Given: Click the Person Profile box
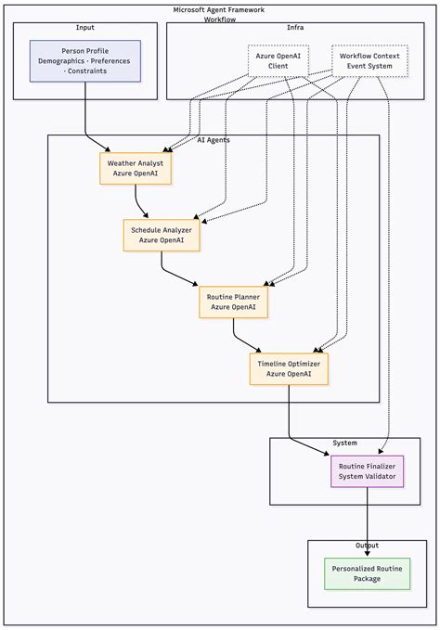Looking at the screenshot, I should [85, 60].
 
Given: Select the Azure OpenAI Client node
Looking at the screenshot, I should [278, 60].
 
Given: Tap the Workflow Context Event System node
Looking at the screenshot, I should [369, 60].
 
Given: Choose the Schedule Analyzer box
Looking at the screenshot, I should [161, 235].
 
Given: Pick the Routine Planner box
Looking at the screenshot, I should [233, 302].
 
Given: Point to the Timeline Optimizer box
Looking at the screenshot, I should [289, 368].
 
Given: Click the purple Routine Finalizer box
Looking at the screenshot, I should [368, 471].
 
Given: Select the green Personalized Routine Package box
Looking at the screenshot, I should [367, 573].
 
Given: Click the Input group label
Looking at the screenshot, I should [84, 28].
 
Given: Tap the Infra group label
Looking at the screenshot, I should [295, 28].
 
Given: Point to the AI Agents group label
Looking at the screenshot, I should [214, 140].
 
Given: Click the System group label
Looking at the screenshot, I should [344, 443].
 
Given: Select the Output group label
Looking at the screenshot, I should [367, 546].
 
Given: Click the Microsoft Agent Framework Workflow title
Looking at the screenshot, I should [219, 14].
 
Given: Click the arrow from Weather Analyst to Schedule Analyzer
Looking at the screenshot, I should [141, 201].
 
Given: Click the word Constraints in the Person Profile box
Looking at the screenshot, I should [85, 71].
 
